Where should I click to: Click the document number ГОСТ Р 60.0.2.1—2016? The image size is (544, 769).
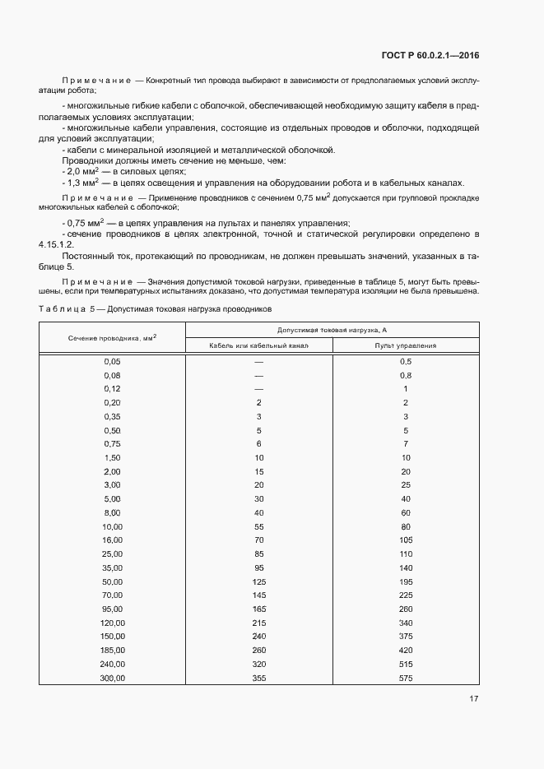(430, 56)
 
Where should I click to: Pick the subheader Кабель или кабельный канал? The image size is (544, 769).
(258, 346)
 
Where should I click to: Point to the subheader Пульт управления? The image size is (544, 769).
(405, 346)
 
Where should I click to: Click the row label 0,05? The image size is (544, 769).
(112, 361)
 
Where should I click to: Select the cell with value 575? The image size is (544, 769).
(405, 678)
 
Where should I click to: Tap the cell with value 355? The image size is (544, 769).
(258, 678)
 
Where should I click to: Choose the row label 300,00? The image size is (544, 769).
(112, 678)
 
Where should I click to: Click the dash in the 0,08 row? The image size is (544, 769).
(258, 375)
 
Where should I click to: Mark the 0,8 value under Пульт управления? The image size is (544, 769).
(405, 375)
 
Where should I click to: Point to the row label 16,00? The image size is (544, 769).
(112, 540)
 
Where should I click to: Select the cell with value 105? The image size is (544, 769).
(405, 540)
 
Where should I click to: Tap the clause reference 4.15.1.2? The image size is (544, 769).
(56, 245)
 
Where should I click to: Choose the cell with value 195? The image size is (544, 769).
(405, 581)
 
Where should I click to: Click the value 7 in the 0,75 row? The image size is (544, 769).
(405, 443)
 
